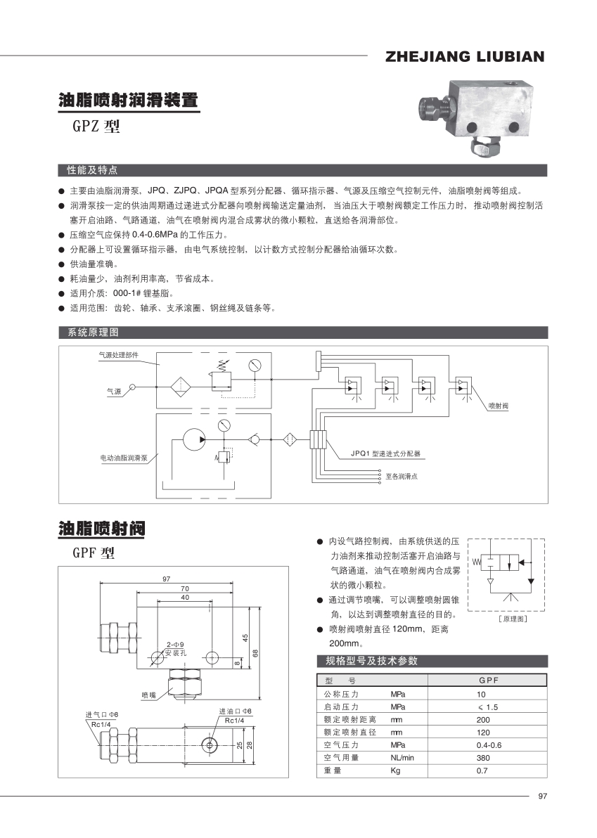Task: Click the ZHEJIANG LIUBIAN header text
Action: click(x=465, y=57)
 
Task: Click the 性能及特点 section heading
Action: click(x=91, y=170)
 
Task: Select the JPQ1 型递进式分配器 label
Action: click(x=385, y=454)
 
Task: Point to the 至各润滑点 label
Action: click(x=401, y=477)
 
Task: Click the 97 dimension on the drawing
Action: click(x=167, y=579)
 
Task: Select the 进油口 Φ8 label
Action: click(x=235, y=711)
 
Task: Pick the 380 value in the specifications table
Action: click(x=483, y=758)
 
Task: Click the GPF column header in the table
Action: click(x=488, y=681)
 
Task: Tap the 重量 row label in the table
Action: click(x=333, y=771)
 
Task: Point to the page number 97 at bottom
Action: click(x=541, y=796)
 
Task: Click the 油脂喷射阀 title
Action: click(x=103, y=529)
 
